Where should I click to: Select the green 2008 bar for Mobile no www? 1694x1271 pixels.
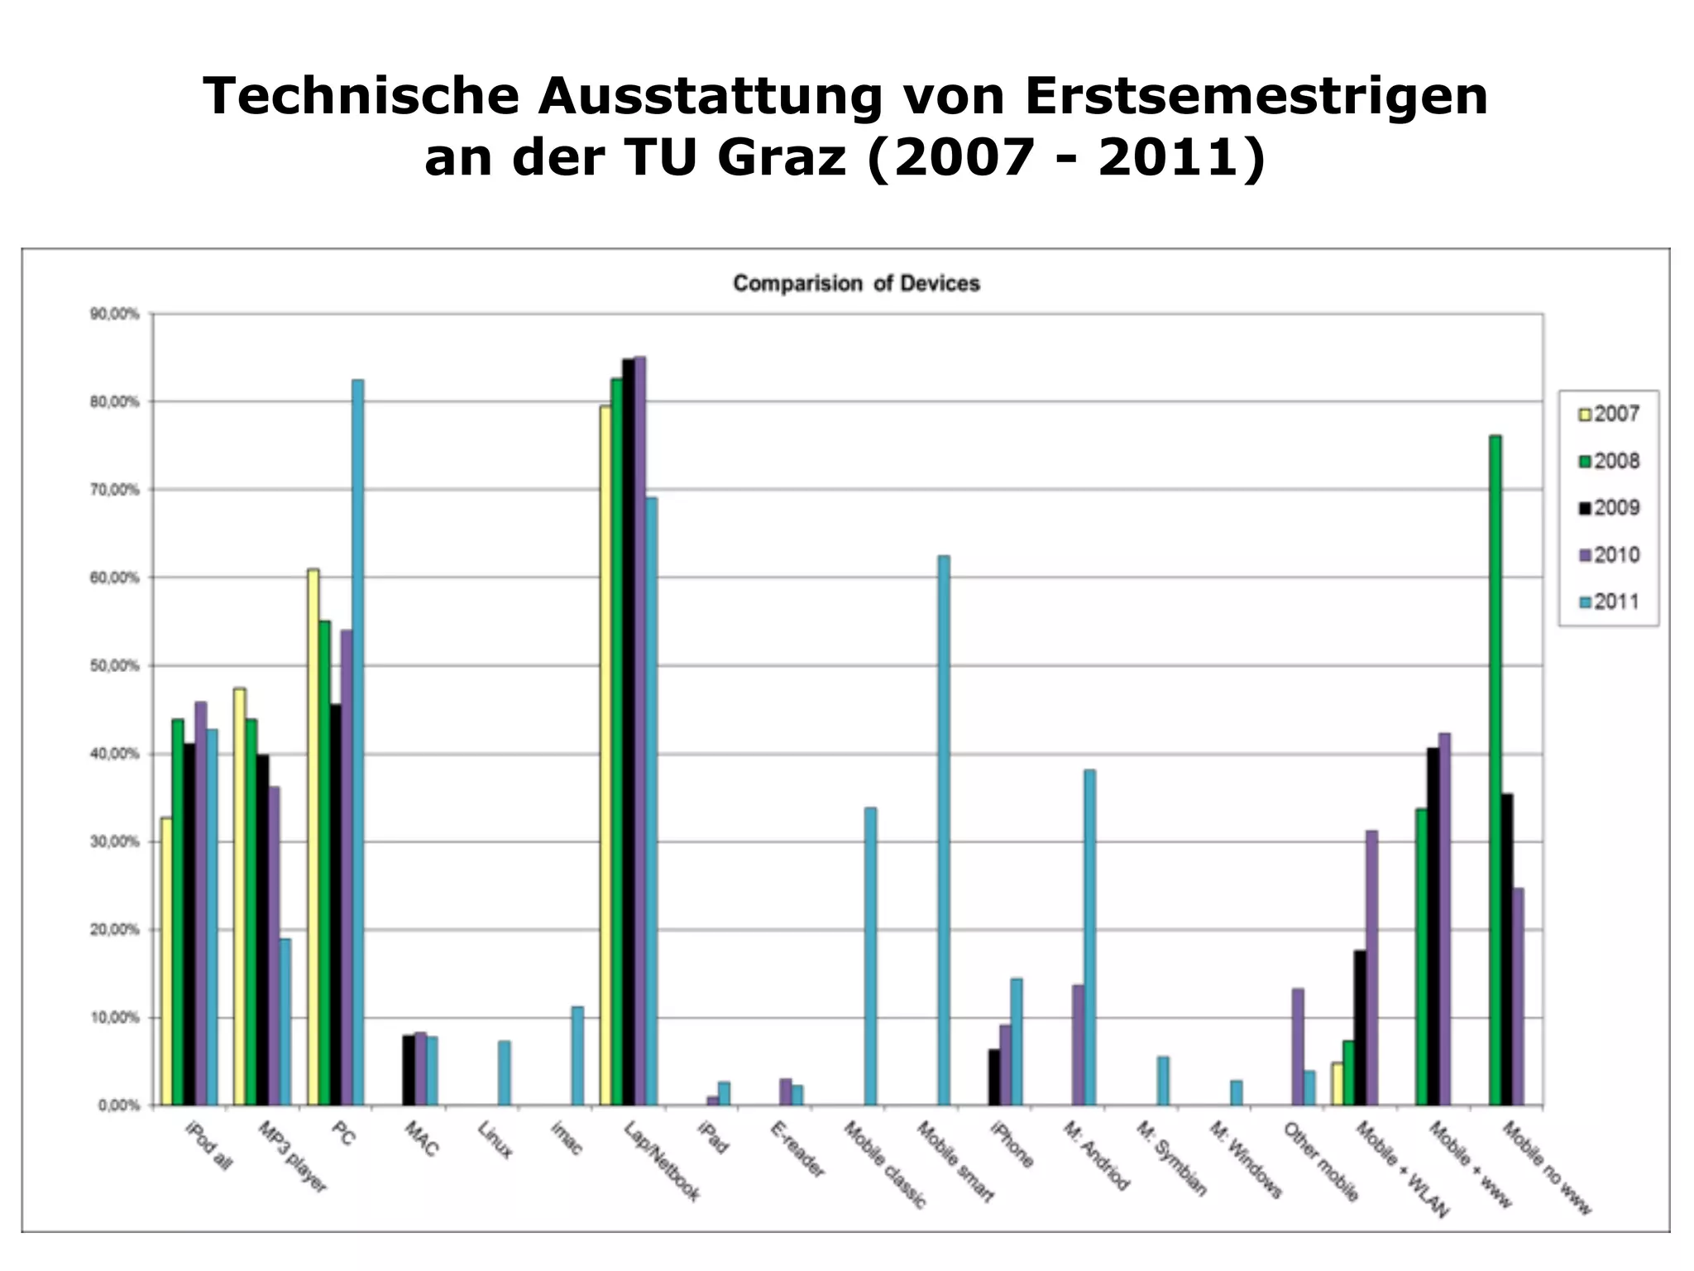[x=1495, y=770]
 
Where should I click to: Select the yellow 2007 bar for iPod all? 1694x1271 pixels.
[x=167, y=961]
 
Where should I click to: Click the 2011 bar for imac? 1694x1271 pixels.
[x=577, y=1055]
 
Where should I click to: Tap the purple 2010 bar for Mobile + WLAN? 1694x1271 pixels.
[x=1371, y=967]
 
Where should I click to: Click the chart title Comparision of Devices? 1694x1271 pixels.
[x=856, y=284]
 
